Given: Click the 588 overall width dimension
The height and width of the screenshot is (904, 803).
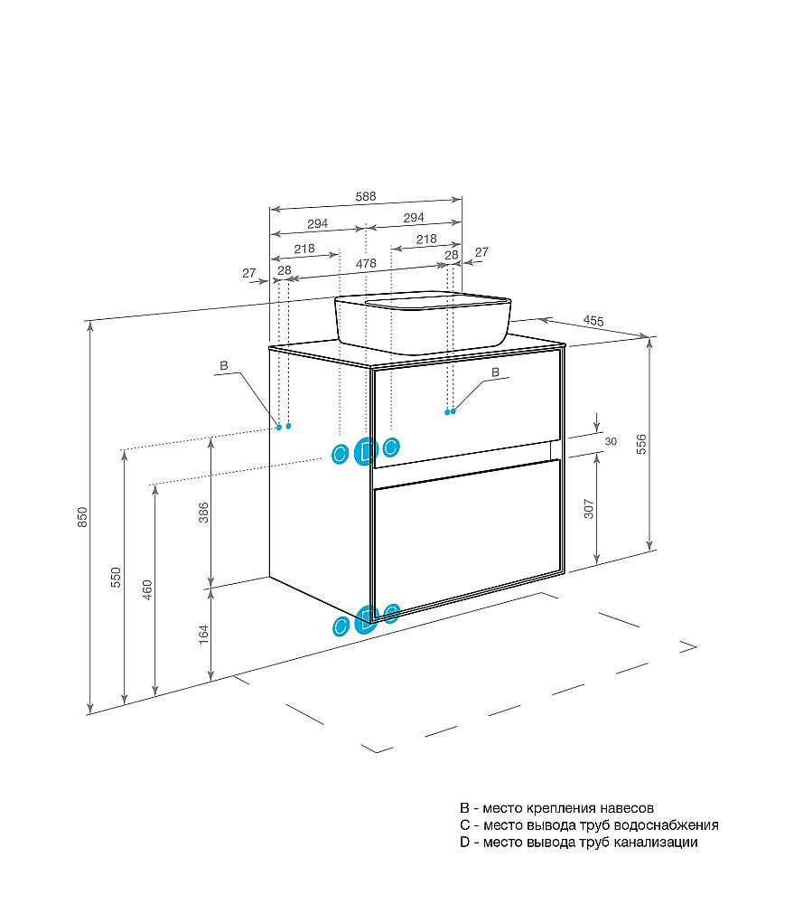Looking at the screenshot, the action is (x=366, y=196).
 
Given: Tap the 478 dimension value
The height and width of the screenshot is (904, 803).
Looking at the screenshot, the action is (x=366, y=263).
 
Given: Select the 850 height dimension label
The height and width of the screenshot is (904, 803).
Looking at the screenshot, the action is (x=83, y=516).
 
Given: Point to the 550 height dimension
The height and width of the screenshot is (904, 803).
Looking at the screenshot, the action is (x=117, y=577).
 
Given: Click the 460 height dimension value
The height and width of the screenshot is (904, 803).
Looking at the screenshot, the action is (x=147, y=589).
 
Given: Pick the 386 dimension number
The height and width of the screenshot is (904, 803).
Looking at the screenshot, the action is (x=204, y=513).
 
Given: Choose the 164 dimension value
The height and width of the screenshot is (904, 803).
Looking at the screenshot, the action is (x=204, y=634).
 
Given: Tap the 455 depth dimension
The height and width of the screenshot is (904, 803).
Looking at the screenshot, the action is (x=593, y=321).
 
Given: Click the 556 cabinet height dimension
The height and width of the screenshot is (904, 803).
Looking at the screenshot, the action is (x=641, y=444).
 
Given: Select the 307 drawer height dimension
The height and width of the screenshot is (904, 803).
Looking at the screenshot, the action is (x=589, y=508).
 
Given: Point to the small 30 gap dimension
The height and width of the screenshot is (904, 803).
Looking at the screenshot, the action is (x=611, y=442).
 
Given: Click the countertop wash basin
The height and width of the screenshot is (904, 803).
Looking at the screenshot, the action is (x=423, y=322).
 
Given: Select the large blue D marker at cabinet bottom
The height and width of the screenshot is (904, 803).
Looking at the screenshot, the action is (x=366, y=620).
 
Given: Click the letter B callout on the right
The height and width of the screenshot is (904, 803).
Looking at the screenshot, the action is (x=495, y=373).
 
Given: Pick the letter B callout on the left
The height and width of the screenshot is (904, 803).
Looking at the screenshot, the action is (x=224, y=365).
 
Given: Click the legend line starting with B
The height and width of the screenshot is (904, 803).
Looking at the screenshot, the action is (x=556, y=808).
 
